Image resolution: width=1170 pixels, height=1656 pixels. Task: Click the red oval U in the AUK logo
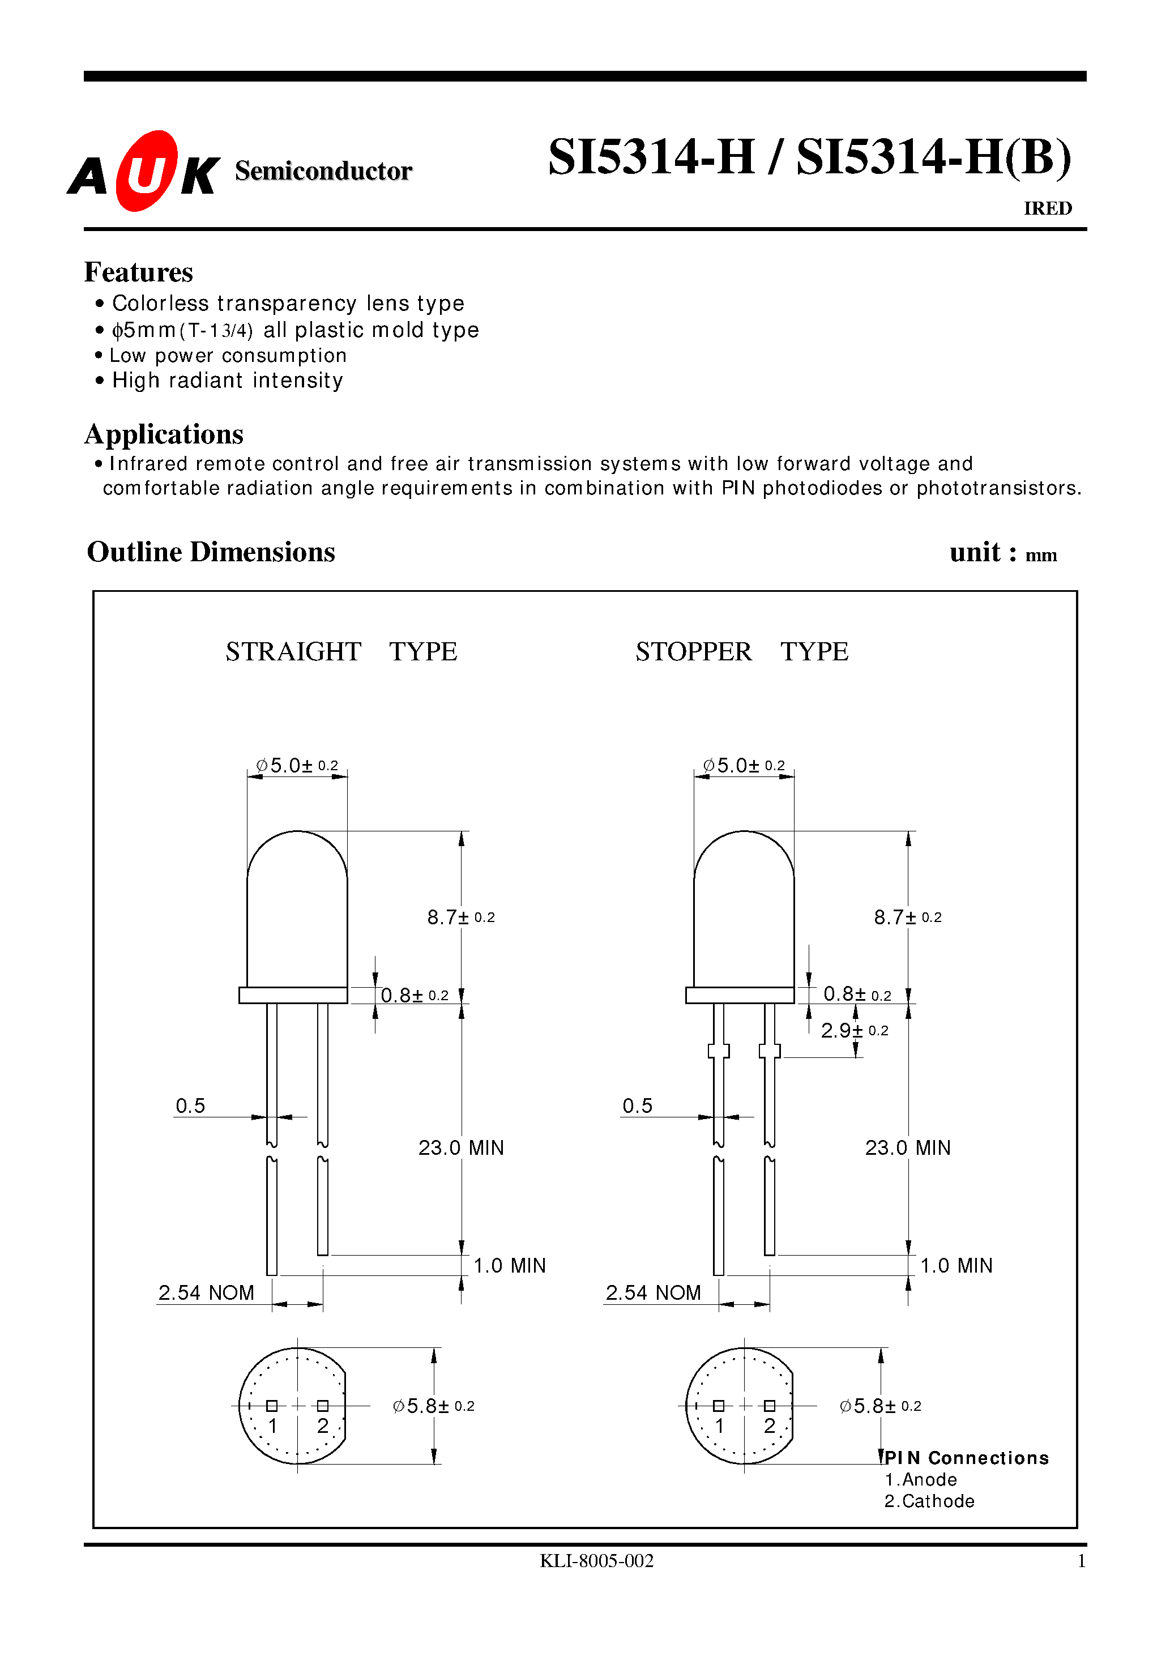point(147,172)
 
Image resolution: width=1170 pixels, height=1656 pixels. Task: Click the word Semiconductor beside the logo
point(323,171)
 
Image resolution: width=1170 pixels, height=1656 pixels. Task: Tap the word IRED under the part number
point(1047,208)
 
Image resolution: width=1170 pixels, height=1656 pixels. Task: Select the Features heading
point(139,272)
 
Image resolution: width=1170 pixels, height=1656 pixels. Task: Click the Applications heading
point(164,434)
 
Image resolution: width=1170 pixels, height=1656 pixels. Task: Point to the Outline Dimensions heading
point(211,552)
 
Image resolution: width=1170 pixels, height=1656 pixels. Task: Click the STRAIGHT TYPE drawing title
point(341,651)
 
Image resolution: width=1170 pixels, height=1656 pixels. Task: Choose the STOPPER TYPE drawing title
point(741,651)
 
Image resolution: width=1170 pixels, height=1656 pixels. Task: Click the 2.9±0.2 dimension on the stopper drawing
point(854,1031)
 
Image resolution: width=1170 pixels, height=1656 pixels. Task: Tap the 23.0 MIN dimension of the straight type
point(461,1147)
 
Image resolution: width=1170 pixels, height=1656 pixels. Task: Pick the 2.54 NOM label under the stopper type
point(653,1292)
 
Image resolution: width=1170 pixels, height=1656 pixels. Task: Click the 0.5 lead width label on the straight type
point(190,1106)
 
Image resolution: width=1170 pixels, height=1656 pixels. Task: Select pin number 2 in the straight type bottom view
point(322,1426)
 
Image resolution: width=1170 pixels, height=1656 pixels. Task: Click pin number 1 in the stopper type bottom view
point(719,1426)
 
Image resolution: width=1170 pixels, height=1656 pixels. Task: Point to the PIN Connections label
point(967,1458)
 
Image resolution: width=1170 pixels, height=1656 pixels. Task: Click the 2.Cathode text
point(929,1501)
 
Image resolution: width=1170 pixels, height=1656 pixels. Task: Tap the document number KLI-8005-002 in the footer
point(596,1561)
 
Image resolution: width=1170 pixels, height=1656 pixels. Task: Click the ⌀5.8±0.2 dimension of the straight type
point(433,1406)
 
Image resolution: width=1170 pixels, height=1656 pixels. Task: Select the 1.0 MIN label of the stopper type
point(956,1265)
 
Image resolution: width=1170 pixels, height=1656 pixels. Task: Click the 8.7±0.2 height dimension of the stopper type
point(907,917)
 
